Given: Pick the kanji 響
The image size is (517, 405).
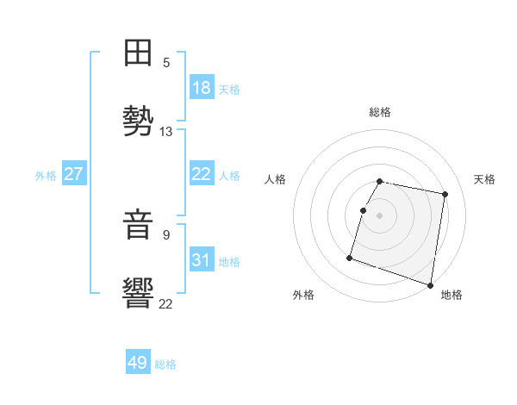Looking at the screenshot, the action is (x=139, y=293).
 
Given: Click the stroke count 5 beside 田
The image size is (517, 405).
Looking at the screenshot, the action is (x=166, y=63).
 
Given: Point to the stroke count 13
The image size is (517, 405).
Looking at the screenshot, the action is (x=166, y=132).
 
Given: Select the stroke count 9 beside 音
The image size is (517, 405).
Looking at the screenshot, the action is (x=166, y=234).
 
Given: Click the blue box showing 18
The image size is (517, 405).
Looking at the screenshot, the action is (x=202, y=88).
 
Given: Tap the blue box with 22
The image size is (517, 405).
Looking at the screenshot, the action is (x=202, y=174).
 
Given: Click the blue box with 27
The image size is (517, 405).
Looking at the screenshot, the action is (x=74, y=174).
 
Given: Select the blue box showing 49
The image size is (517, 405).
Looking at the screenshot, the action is (x=138, y=363).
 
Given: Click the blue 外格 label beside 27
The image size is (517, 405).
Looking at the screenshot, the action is (x=46, y=175).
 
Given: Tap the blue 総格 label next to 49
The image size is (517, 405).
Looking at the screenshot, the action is (x=165, y=364).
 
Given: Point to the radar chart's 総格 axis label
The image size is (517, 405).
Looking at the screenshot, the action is (x=380, y=112).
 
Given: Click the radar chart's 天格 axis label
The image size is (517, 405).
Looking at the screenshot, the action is (x=484, y=179).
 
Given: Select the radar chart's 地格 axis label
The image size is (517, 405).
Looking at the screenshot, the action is (x=452, y=295).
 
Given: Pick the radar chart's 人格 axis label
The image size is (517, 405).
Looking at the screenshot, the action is (x=276, y=179).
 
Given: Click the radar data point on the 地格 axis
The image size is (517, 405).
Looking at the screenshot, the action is (x=430, y=284).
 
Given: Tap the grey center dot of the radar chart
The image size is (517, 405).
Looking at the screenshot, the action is (x=380, y=215).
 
